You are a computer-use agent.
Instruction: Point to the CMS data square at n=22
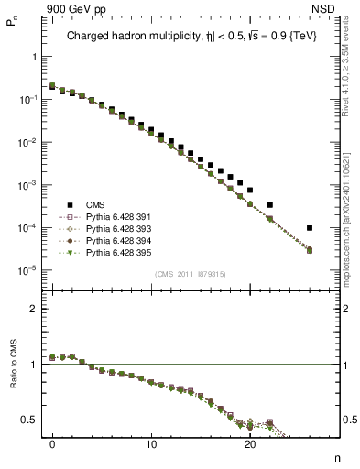(x=270, y=205)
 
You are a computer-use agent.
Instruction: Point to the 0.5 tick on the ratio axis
(x=36, y=420)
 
